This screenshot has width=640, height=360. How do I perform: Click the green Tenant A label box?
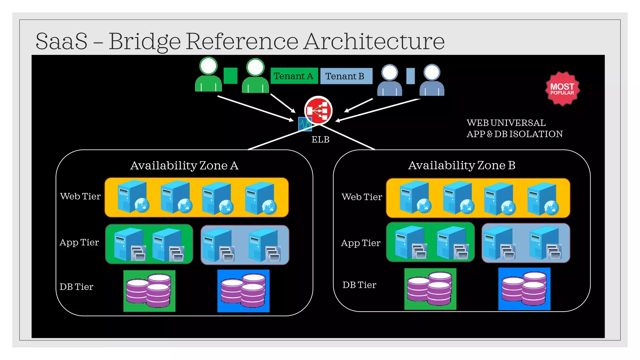click(294, 76)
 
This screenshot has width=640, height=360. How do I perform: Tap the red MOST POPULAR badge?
click(562, 89)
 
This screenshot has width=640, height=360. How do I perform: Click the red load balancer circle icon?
click(318, 110)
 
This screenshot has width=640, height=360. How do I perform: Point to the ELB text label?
click(320, 140)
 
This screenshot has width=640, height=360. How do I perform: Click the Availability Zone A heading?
click(184, 165)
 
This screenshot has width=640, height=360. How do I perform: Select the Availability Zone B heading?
click(462, 165)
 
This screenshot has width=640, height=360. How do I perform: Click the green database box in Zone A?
click(149, 291)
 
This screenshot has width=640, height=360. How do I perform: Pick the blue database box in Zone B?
click(524, 289)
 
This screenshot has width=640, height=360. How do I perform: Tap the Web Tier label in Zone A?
click(80, 196)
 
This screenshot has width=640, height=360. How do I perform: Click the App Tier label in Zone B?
click(361, 243)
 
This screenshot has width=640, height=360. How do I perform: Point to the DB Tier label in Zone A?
click(76, 287)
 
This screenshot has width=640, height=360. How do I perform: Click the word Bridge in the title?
click(144, 42)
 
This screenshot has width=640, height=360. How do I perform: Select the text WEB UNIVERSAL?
click(506, 123)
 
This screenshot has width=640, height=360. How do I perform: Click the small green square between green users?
click(231, 76)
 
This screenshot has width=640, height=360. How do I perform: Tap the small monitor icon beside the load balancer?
click(304, 124)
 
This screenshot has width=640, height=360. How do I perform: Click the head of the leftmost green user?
click(208, 66)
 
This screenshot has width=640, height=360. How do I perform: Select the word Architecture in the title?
click(374, 42)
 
